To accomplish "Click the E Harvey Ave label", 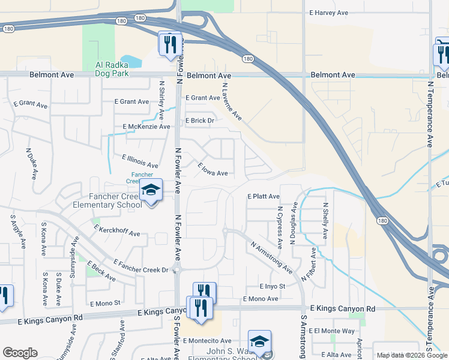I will [x=329, y=12].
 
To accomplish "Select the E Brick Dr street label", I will [x=200, y=121].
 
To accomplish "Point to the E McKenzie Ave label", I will [x=146, y=127].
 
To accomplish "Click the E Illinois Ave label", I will [x=139, y=161].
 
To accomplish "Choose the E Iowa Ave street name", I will [x=213, y=169].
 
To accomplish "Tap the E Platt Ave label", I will [x=264, y=196].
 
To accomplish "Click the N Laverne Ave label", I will [x=231, y=101].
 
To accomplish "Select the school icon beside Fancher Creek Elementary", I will [x=151, y=190].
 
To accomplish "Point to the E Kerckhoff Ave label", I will [x=117, y=230].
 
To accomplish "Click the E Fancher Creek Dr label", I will [x=141, y=266].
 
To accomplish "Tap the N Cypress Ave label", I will [x=280, y=228].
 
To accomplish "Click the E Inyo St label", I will [x=273, y=286].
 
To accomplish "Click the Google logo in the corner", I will [x=20, y=353].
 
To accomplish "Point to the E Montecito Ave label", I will [x=207, y=341].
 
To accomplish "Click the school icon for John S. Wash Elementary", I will [x=259, y=341].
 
